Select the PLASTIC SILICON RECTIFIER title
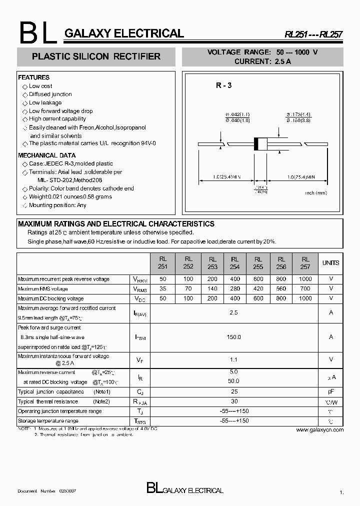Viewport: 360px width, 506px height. (96, 57)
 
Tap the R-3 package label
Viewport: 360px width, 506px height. (223, 85)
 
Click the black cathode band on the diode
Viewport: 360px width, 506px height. (257, 143)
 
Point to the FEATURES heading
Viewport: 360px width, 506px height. (34, 77)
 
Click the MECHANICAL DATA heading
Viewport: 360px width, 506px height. (47, 155)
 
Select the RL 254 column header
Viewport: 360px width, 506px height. (234, 263)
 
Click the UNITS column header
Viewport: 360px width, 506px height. (330, 263)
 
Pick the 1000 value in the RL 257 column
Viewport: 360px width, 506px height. (305, 298)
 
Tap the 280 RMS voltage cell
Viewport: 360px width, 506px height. (234, 289)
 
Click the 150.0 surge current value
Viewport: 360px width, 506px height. (234, 337)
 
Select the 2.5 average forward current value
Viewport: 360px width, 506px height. (234, 312)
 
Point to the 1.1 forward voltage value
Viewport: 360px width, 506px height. (234, 359)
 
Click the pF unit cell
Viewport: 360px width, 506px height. (330, 391)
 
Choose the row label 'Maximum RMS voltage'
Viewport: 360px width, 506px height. (42, 289)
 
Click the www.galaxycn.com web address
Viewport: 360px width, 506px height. (320, 429)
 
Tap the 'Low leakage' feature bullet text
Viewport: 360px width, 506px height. (45, 102)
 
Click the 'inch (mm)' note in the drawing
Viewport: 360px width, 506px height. (316, 192)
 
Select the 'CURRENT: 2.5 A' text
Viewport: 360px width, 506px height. (263, 61)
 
